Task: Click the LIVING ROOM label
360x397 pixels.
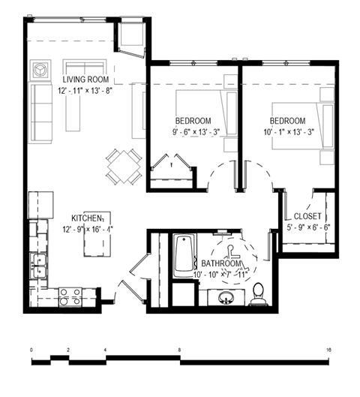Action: [x=85, y=80]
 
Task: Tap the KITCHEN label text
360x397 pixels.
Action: [x=86, y=218]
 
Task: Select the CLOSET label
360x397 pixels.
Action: [x=307, y=216]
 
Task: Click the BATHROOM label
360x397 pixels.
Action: [x=221, y=263]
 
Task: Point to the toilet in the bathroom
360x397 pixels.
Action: [x=258, y=294]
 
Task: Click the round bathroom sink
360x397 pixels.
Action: [x=226, y=296]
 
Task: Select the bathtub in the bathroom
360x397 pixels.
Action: [x=184, y=256]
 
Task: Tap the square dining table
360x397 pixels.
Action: [x=124, y=167]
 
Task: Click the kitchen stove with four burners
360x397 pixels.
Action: [x=70, y=297]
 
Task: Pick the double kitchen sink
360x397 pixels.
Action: [x=38, y=266]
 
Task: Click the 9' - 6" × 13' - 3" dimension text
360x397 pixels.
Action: [x=196, y=132]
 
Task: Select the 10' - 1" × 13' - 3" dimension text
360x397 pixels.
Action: [x=289, y=132]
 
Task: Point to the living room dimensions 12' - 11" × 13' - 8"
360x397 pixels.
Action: [x=85, y=91]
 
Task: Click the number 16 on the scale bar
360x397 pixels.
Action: [x=328, y=350]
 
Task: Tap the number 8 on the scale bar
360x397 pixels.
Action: [x=179, y=350]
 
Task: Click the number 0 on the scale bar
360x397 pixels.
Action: [x=31, y=350]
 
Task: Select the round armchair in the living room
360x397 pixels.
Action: [x=40, y=69]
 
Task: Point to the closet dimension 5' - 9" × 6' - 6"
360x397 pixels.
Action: [x=308, y=227]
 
